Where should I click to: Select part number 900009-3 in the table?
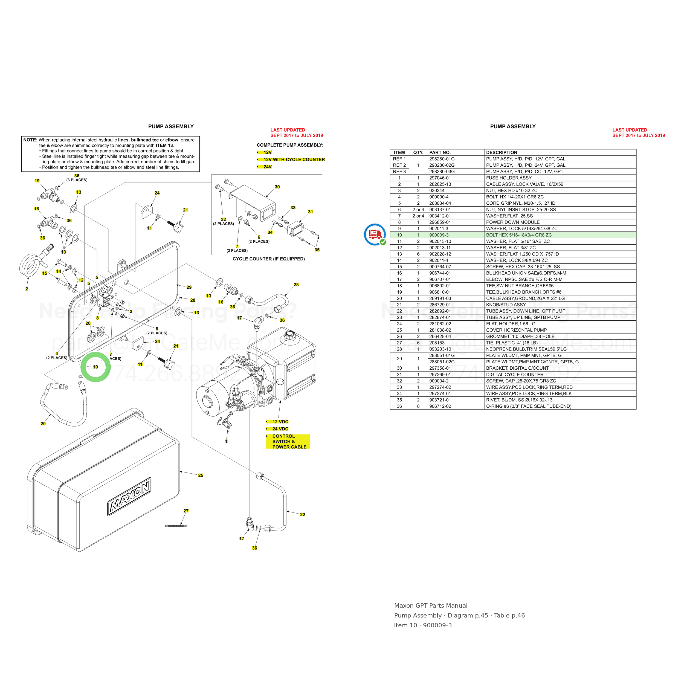click(439, 235)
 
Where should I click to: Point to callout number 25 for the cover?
click(201, 475)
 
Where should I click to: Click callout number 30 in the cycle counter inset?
click(277, 187)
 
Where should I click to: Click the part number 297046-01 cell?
click(440, 178)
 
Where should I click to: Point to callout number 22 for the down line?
click(302, 514)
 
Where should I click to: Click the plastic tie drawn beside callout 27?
click(176, 526)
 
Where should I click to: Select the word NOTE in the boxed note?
click(30, 140)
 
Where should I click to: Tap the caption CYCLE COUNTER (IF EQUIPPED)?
click(268, 259)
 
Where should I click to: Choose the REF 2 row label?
click(399, 165)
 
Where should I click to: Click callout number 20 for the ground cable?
click(43, 424)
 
